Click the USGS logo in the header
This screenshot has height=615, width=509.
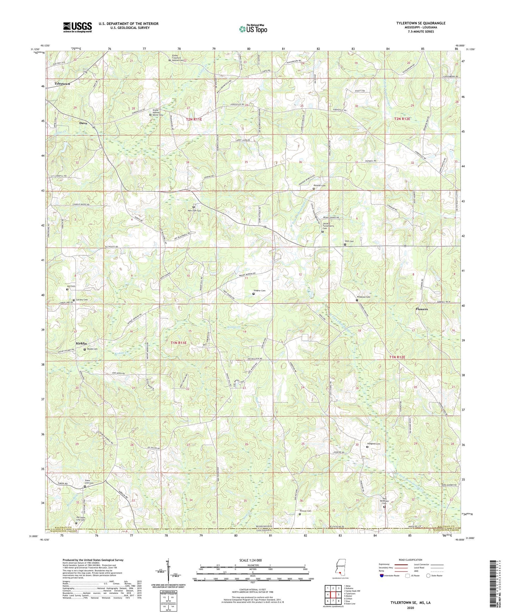coord(77,27)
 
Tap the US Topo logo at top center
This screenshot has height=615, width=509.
coord(253,29)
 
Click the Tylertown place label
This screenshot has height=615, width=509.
coord(62,84)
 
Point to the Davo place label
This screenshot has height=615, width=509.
coord(83,123)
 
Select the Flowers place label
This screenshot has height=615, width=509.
coord(421,309)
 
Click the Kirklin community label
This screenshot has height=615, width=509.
coord(81,343)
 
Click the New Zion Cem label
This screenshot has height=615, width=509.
coord(194,211)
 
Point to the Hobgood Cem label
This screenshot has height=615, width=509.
coord(374,444)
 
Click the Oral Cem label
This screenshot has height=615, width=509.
coord(349,241)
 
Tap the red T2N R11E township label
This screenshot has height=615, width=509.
coord(194,119)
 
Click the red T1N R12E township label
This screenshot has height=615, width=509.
coord(397,357)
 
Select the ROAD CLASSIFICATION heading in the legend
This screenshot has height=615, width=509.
coord(410,560)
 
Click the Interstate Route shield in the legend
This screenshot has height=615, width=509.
coord(382,576)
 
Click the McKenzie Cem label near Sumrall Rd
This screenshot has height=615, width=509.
coord(364,297)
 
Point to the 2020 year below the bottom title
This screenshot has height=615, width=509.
coord(410,608)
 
